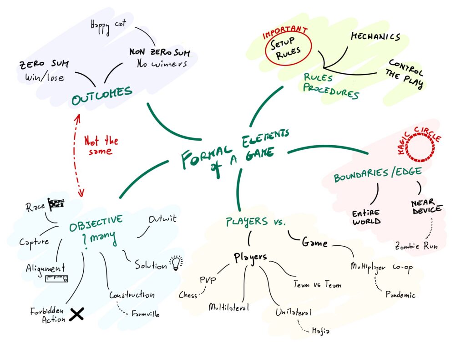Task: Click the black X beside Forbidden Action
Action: [x=77, y=314]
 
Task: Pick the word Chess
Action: [x=188, y=295]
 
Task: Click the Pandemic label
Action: [x=400, y=295]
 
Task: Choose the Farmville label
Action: [x=145, y=314]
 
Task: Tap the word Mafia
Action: [x=320, y=331]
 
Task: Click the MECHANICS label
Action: [x=375, y=37]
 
